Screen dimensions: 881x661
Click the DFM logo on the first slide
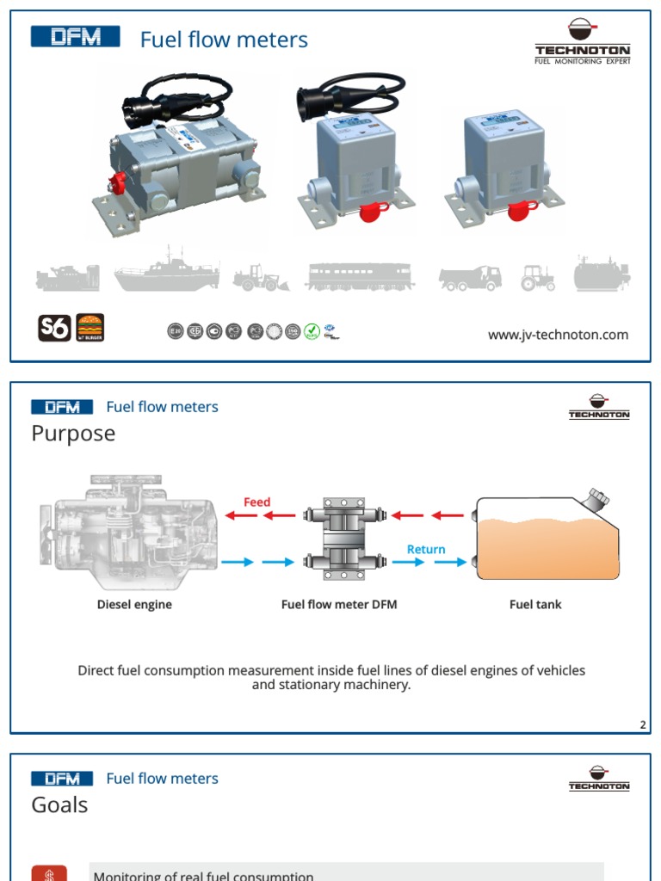(76, 37)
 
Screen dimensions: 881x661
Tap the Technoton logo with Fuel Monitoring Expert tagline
(582, 42)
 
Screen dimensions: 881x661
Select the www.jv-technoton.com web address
(558, 335)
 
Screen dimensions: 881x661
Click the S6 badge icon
(54, 328)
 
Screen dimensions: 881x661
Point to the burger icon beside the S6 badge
(90, 328)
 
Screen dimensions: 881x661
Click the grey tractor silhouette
(538, 277)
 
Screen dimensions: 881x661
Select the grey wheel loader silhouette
(261, 277)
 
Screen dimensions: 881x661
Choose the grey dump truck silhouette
(470, 277)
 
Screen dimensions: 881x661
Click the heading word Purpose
(73, 434)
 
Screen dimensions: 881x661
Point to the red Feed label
(256, 502)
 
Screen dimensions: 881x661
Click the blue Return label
(426, 549)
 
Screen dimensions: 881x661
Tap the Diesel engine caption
(134, 605)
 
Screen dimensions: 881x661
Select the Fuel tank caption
(535, 605)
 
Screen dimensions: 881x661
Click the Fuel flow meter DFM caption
(339, 605)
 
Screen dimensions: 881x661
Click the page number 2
(642, 725)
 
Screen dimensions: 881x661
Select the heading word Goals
(59, 805)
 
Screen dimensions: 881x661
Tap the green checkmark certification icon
(312, 330)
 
